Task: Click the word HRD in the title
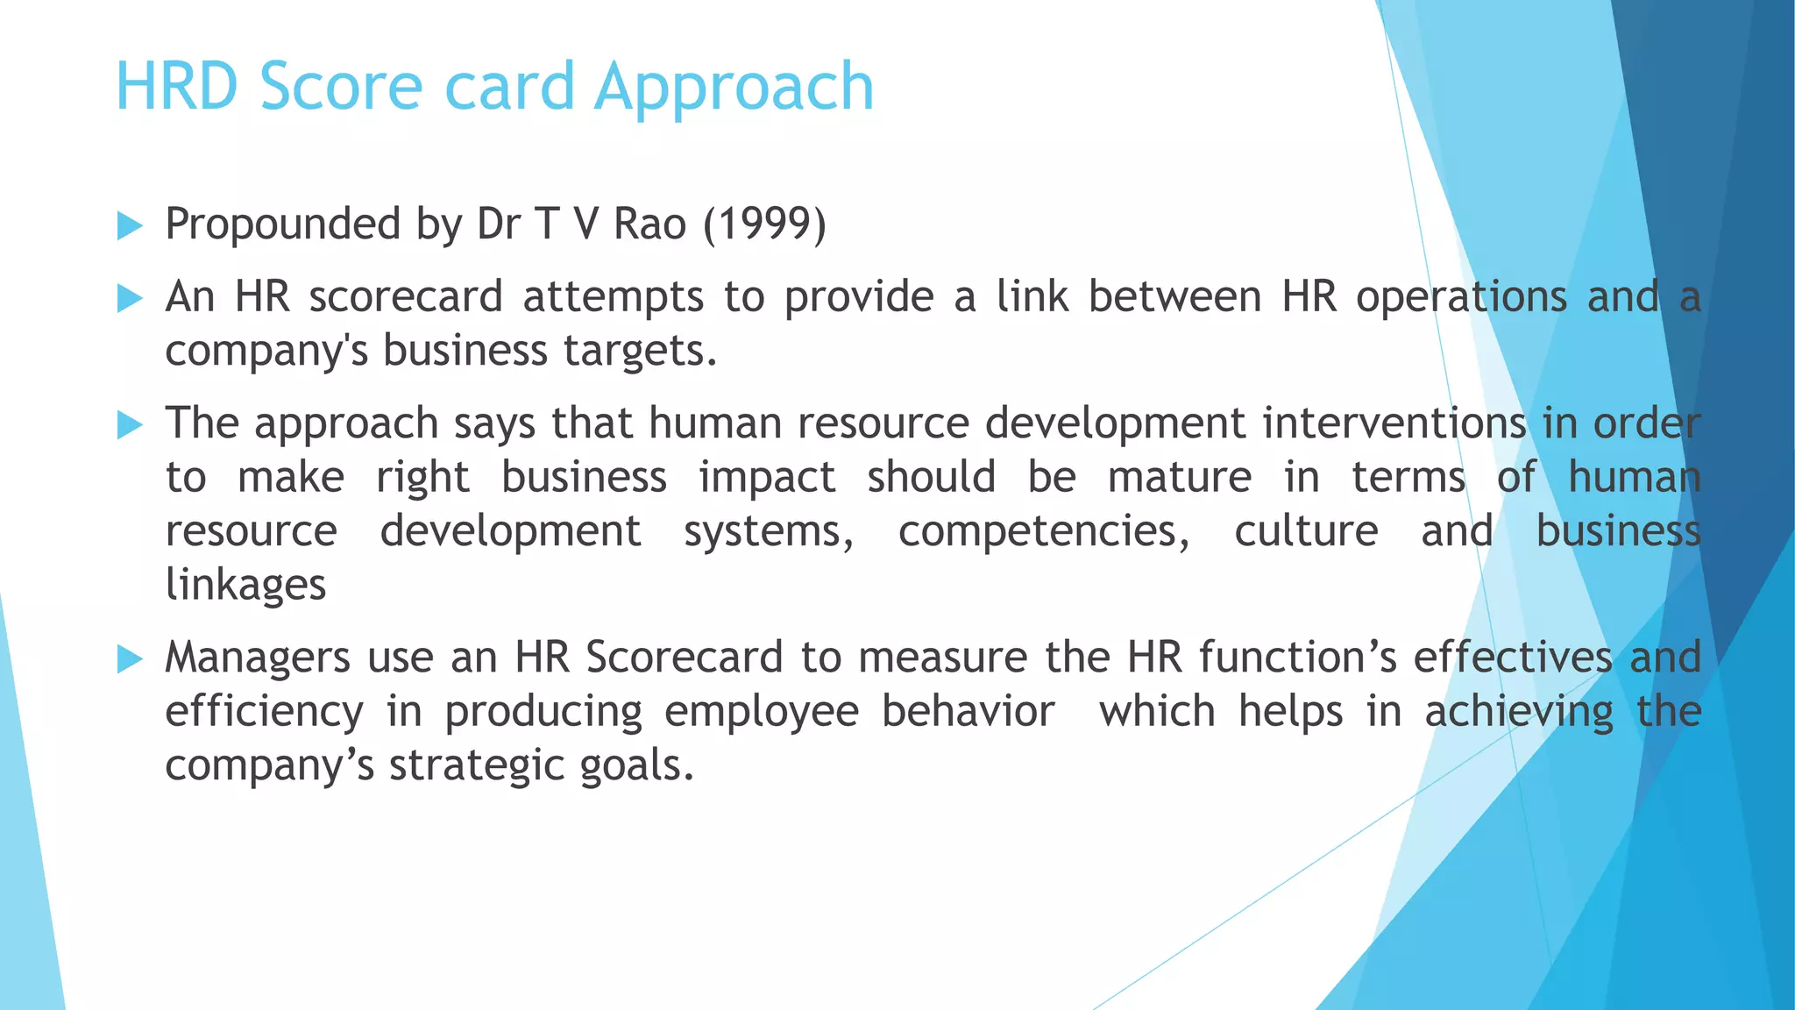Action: (177, 87)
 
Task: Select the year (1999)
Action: (764, 224)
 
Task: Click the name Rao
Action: (649, 224)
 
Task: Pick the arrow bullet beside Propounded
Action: (130, 225)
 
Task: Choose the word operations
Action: (1461, 297)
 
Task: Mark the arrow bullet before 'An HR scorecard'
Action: (130, 298)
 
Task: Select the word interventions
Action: (1394, 423)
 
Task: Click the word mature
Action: (1180, 478)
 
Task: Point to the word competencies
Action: (1044, 532)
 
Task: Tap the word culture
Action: (1306, 531)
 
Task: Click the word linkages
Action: (245, 586)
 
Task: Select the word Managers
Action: (258, 658)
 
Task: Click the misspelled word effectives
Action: (1513, 658)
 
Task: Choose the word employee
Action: (761, 712)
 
